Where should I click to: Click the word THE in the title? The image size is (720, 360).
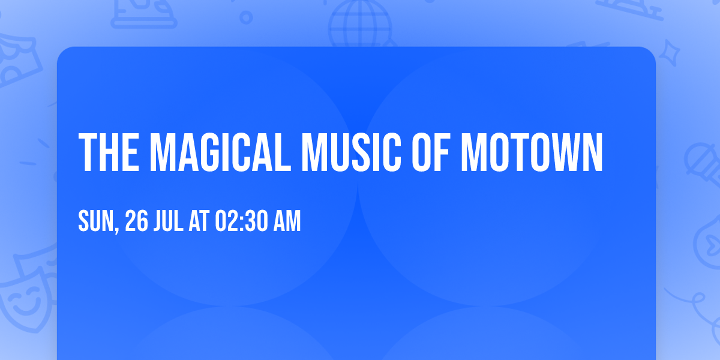tap(108, 153)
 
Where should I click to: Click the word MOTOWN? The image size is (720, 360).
tap(531, 153)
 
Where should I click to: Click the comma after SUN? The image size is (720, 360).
tap(120, 230)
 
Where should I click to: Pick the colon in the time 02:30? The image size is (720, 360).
tap(240, 222)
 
